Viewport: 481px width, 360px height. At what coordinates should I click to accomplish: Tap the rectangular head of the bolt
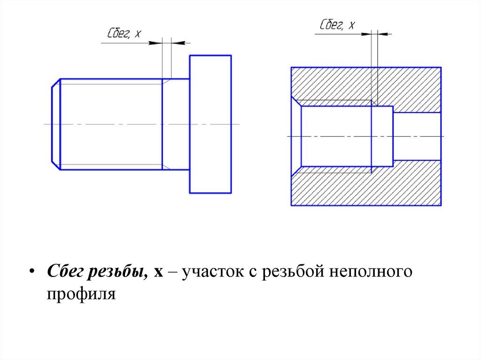[210, 124]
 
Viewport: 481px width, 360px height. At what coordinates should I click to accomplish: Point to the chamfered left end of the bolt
[56, 124]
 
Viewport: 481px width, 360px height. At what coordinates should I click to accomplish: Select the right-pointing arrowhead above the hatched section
[365, 34]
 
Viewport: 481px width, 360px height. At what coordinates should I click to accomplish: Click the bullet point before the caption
[31, 273]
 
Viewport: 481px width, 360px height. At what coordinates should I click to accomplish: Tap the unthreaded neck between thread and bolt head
[176, 124]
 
